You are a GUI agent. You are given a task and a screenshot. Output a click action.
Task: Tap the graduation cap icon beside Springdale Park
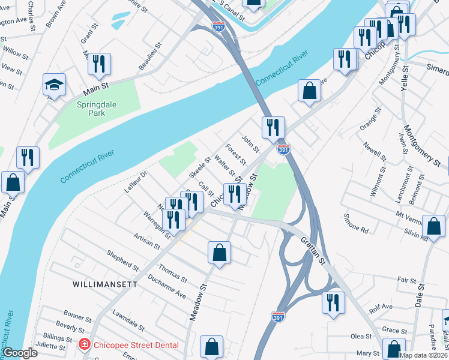[54, 85]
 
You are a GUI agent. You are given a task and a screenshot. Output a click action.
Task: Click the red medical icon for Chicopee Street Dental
[85, 344]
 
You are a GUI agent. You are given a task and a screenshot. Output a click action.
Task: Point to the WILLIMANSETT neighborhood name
[105, 284]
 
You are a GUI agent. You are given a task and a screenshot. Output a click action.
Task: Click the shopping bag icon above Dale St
[433, 227]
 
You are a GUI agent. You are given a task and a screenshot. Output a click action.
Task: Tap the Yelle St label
[406, 77]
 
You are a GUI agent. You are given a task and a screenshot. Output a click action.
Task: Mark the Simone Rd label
[355, 223]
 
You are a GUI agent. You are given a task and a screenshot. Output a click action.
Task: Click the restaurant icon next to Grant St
[99, 65]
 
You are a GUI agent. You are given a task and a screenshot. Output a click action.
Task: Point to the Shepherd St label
[123, 262]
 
